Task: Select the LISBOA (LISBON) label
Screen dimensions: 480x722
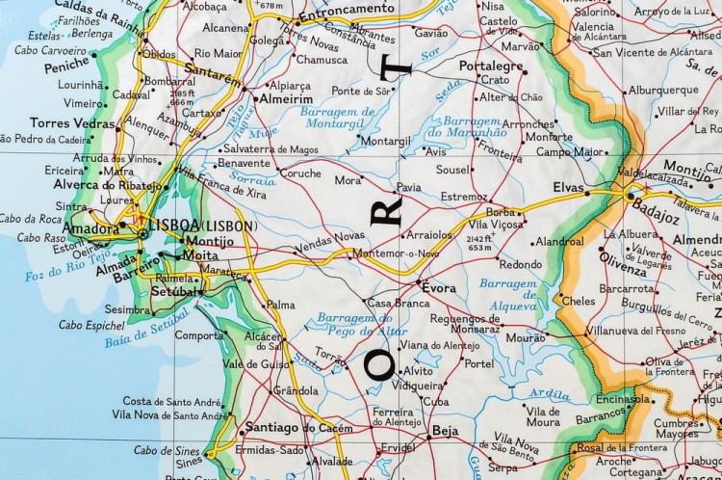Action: pyautogui.click(x=204, y=225)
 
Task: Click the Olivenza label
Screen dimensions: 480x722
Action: pyautogui.click(x=622, y=259)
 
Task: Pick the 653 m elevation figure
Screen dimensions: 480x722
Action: pyautogui.click(x=477, y=248)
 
